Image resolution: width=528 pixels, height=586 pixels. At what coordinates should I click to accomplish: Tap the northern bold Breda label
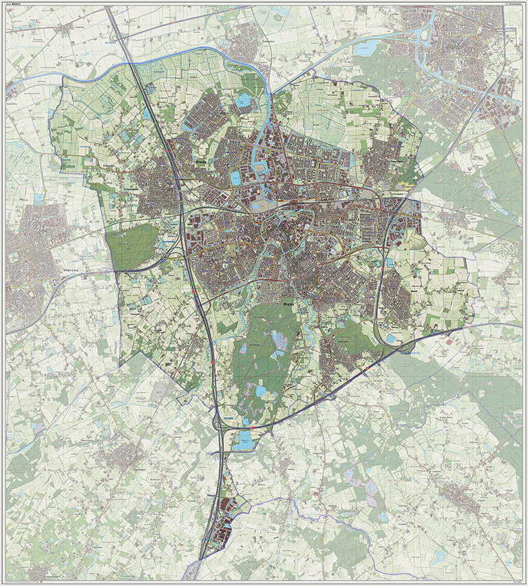[x=201, y=160]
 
